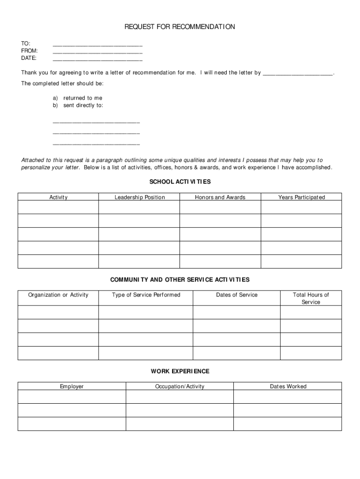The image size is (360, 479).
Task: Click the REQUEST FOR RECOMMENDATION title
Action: tap(180, 27)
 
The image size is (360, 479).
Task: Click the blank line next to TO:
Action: tap(98, 45)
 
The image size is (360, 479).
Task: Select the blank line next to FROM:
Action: tap(98, 52)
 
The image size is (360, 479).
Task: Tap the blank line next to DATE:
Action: tap(98, 60)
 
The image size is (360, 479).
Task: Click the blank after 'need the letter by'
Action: tap(298, 74)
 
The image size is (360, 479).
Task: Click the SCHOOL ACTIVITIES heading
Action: tap(180, 181)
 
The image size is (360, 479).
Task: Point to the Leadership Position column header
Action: tap(140, 197)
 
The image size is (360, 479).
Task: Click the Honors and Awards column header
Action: tap(220, 197)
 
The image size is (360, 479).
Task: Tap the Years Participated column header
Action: tap(302, 197)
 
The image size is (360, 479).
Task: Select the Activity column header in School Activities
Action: tap(58, 197)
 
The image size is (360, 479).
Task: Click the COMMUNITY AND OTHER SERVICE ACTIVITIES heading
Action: tap(180, 280)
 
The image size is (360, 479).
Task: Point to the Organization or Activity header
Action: tap(58, 295)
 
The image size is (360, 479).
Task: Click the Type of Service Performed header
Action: tap(146, 295)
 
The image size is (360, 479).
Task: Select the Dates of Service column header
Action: tap(237, 295)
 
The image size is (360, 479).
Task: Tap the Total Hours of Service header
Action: tap(311, 298)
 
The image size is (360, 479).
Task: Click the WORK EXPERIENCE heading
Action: tap(180, 371)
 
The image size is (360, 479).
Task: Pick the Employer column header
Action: tap(72, 386)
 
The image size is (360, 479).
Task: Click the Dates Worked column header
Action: tap(288, 386)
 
